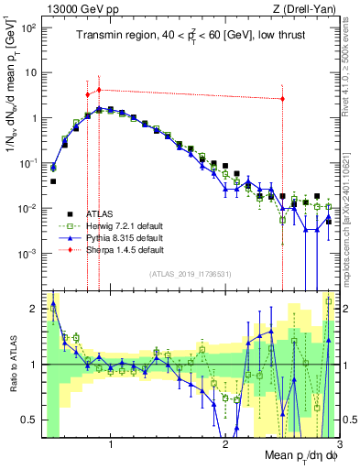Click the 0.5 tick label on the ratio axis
click(x=29, y=420)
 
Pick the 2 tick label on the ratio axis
click(x=34, y=309)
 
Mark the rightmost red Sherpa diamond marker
click(x=282, y=99)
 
